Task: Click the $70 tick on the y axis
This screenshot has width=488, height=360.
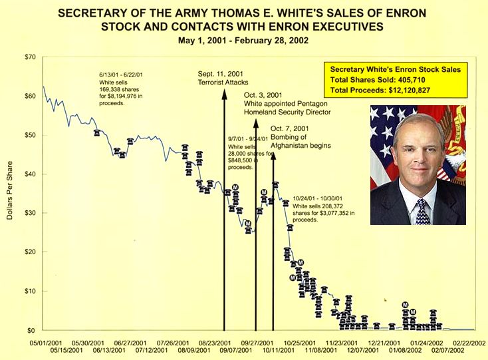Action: click(x=29, y=57)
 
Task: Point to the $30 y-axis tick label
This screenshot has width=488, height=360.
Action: click(x=29, y=213)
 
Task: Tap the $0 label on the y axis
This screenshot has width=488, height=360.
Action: click(x=31, y=330)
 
